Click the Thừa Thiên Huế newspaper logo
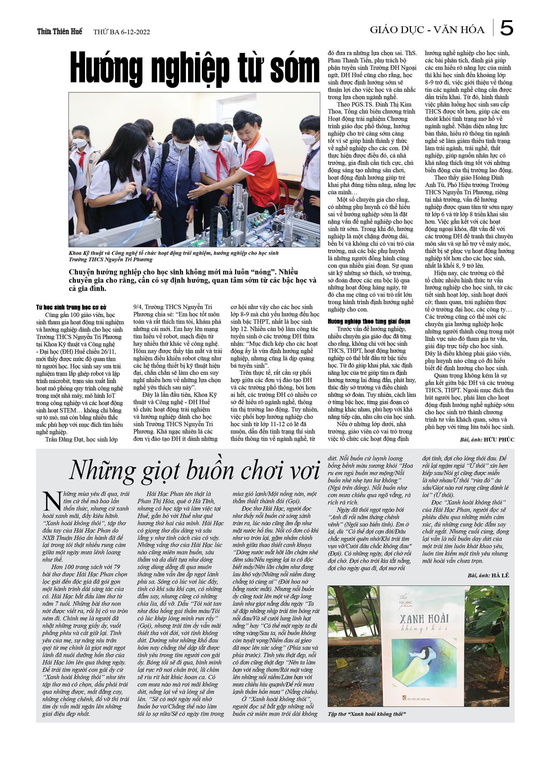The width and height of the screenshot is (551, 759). pos(60,32)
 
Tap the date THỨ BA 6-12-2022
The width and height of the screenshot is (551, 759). pos(121,32)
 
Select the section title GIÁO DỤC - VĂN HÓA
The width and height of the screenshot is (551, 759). pos(427,30)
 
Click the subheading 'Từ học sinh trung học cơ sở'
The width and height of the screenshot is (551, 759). pos(71,307)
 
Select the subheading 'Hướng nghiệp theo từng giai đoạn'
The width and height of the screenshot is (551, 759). pos(369,321)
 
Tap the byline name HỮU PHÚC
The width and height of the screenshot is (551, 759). pos(499,439)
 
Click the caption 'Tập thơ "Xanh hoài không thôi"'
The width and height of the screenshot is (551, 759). pos(367,714)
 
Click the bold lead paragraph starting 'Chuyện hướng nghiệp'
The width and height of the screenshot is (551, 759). pos(192,280)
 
